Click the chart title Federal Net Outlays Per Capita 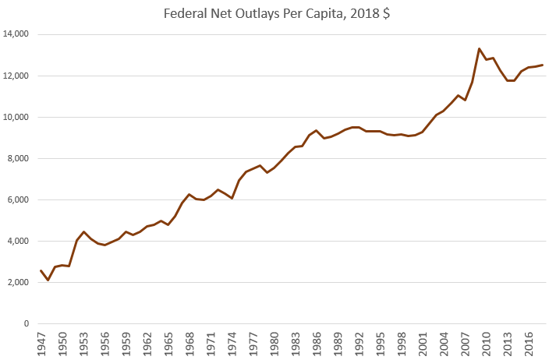[x=278, y=13]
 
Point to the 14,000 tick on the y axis [x=16, y=34]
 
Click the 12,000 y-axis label [x=16, y=76]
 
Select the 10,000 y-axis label [x=16, y=117]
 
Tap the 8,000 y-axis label [x=18, y=158]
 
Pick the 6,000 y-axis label [x=18, y=199]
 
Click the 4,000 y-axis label [x=18, y=241]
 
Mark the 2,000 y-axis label [x=18, y=282]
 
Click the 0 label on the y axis [x=27, y=323]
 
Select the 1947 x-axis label [x=41, y=343]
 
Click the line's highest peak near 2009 [x=479, y=48]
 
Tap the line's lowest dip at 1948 [x=48, y=280]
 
